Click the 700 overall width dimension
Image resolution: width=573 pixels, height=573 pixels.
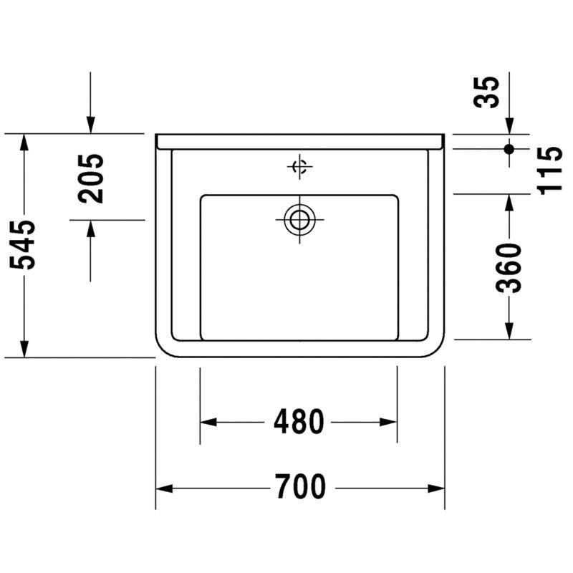coord(300,486)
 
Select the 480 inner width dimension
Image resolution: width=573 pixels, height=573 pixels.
coord(299,422)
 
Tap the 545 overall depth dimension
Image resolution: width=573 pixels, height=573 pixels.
coord(23,245)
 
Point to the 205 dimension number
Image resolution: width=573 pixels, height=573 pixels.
coord(91,178)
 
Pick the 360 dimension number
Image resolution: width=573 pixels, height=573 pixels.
coord(509,268)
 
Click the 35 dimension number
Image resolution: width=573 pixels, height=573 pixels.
coord(486,92)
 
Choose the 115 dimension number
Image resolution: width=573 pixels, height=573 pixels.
coord(549,170)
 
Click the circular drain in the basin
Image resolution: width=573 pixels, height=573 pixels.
coord(299,220)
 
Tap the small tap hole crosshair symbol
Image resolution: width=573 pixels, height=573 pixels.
coord(299,167)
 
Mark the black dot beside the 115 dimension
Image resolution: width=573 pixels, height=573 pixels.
coord(509,149)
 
